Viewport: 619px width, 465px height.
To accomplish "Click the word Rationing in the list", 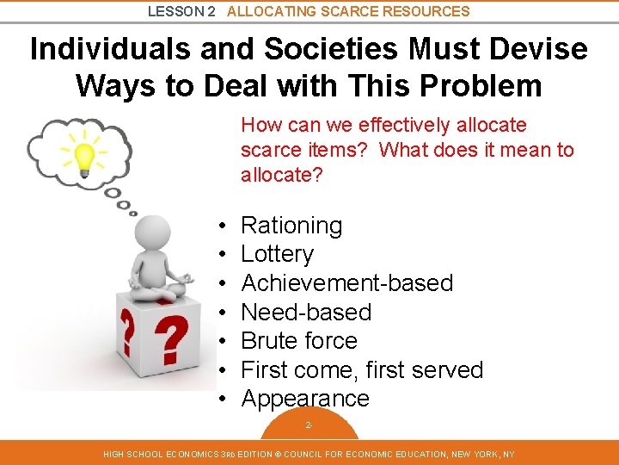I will [291, 226].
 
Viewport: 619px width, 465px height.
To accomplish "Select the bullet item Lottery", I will [277, 254].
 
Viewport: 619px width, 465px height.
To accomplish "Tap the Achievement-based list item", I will [346, 283].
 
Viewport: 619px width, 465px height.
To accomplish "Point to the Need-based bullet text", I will [306, 312].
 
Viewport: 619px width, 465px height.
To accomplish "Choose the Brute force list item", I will [299, 341].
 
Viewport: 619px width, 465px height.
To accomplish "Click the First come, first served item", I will [362, 370].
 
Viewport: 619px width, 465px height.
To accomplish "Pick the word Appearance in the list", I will [305, 399].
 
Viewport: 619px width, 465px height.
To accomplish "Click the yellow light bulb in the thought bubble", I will [84, 157].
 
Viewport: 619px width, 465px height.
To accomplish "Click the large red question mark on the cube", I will [173, 339].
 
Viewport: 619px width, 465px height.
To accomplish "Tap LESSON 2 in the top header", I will [181, 11].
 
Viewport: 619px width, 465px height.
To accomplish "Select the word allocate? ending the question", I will [281, 174].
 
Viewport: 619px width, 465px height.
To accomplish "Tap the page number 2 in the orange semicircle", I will [309, 425].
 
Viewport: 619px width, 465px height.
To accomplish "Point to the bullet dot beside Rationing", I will [222, 226].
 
